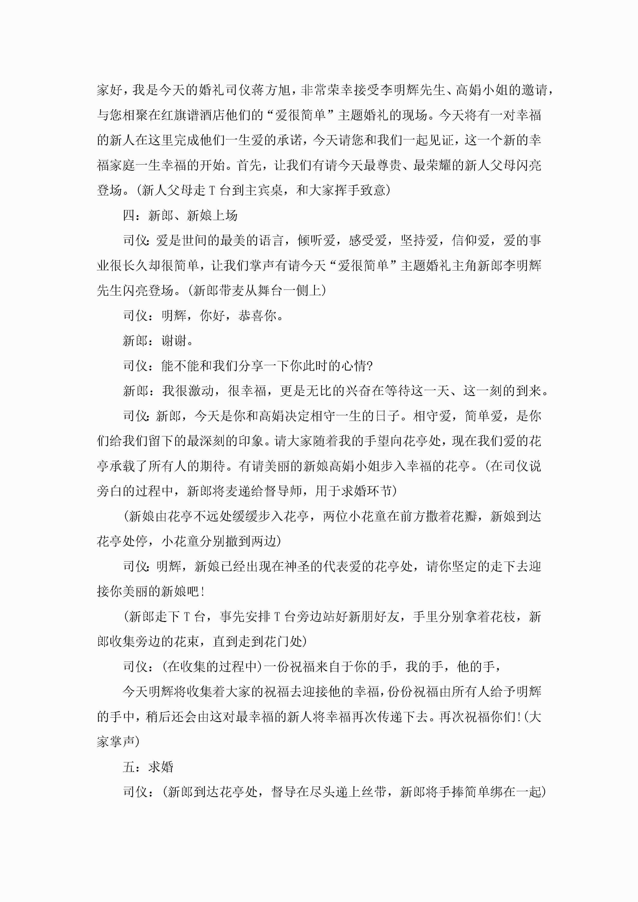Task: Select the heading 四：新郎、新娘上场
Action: coord(180,215)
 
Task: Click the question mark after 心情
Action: coord(369,366)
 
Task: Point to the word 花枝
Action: coord(503,616)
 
